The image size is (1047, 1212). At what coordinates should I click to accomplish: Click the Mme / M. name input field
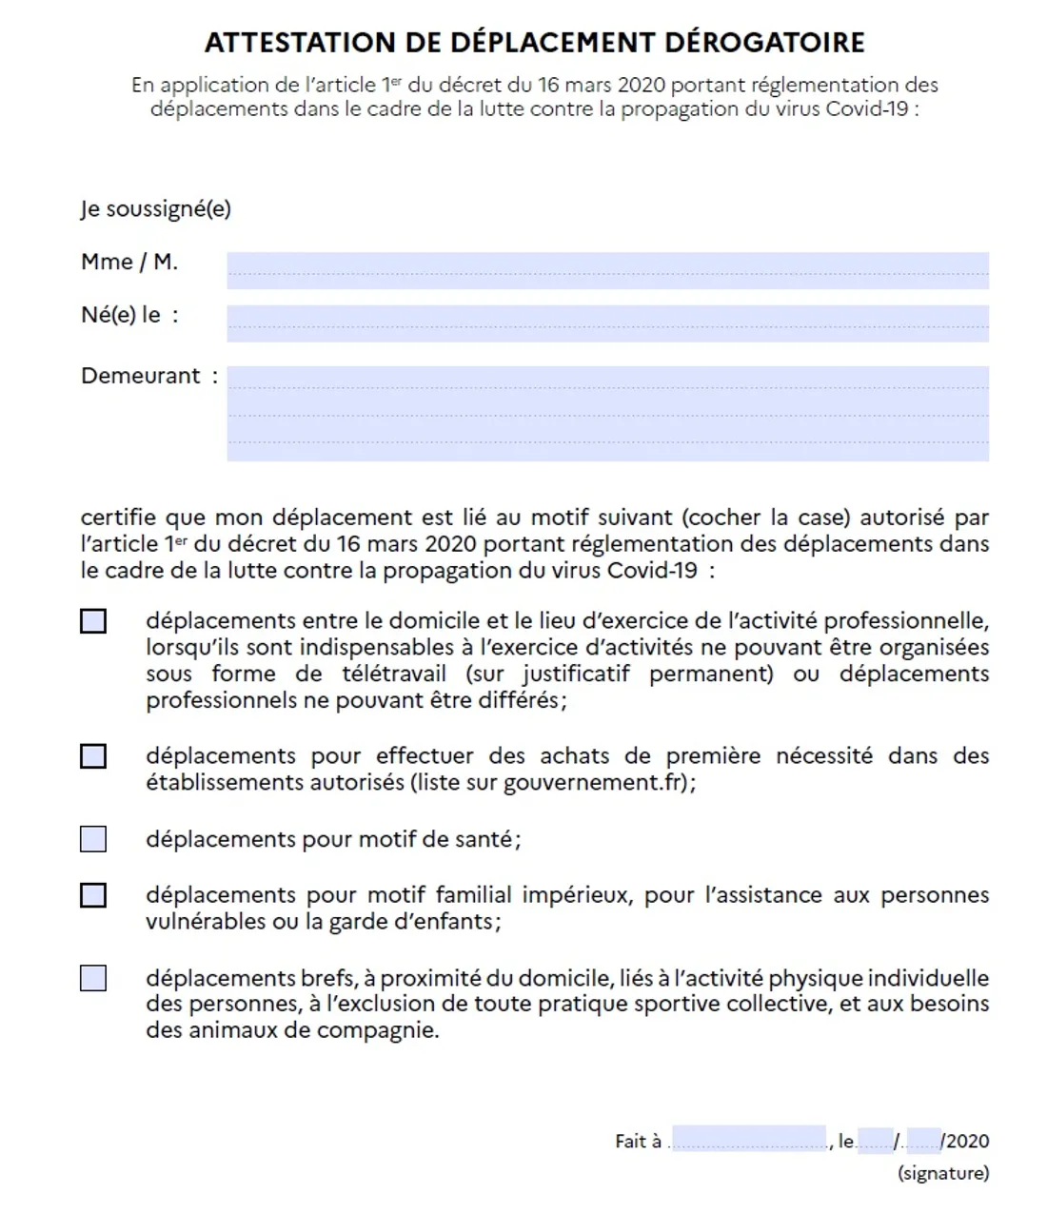[607, 270]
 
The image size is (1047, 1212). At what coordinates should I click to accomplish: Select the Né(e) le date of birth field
[607, 323]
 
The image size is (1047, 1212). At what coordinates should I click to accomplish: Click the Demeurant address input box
[607, 414]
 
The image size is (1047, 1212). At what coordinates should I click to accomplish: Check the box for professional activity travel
[93, 621]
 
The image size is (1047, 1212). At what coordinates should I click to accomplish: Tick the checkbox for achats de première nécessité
[93, 756]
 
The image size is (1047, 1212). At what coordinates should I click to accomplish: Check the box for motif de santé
[93, 839]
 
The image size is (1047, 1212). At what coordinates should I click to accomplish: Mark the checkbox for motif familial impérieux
[93, 895]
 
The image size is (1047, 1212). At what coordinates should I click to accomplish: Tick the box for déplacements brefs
[93, 978]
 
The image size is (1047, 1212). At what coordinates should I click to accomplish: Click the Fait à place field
[749, 1140]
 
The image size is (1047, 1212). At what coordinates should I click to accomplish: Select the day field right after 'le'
[875, 1141]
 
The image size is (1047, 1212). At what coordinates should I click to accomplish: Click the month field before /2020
[923, 1141]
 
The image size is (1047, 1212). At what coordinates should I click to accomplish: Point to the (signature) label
[943, 1173]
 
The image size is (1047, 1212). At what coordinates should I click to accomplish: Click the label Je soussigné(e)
[156, 209]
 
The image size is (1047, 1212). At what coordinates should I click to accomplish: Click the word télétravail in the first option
[394, 674]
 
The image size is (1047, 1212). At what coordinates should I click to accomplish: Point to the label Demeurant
[141, 376]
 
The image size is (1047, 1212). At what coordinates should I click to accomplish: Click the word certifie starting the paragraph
[117, 518]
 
